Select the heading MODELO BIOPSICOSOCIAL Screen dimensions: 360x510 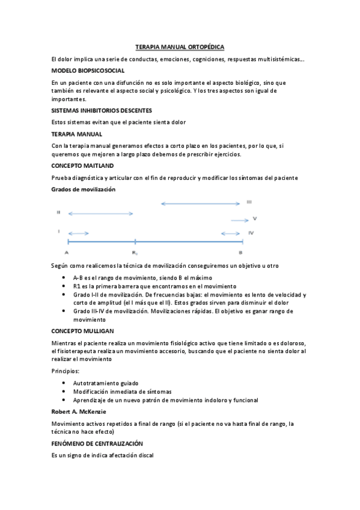88,70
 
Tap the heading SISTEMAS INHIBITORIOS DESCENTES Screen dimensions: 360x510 102,110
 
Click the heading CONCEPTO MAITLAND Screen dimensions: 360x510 83,165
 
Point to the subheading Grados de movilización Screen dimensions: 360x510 84,189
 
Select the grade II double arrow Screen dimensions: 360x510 100,214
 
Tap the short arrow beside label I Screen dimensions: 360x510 78,233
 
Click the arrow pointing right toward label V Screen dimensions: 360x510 239,220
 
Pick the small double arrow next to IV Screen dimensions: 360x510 231,233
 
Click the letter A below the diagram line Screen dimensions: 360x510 67,253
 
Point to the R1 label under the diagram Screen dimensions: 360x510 135,253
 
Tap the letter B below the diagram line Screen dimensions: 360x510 240,253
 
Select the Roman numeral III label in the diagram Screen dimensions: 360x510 249,203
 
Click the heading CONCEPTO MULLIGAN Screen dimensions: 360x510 83,331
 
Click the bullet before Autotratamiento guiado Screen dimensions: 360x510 64,382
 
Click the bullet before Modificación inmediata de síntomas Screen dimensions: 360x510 64,391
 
